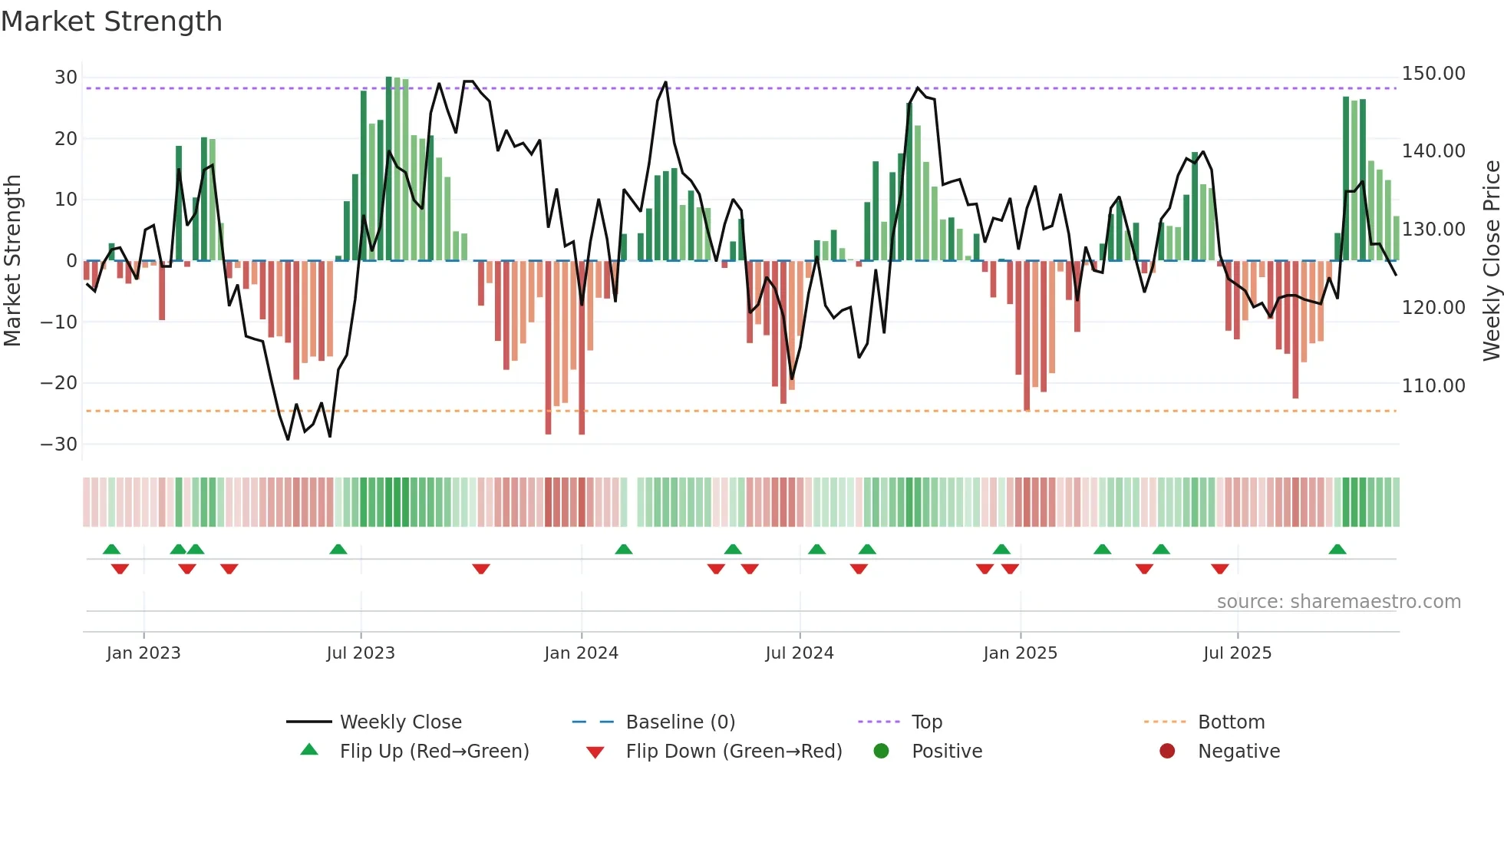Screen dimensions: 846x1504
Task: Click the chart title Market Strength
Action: [x=111, y=21]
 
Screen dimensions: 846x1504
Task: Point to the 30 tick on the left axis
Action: [x=66, y=78]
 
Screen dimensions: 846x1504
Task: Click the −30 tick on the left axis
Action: [x=59, y=444]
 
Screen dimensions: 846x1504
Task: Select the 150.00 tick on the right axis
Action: [x=1433, y=74]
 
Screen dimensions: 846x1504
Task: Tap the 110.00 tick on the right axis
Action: [x=1433, y=386]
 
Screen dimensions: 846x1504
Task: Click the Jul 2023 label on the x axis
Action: [x=361, y=653]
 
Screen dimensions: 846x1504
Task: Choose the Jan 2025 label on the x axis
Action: [x=1020, y=653]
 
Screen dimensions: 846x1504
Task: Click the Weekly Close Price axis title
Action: [x=1491, y=261]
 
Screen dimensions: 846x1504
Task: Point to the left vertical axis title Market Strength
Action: [x=12, y=261]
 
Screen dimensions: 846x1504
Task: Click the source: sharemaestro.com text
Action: [x=1338, y=602]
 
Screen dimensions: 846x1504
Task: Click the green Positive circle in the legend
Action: [x=882, y=752]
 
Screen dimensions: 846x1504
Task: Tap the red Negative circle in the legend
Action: [x=1167, y=752]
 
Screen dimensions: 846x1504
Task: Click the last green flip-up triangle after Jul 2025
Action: [x=1337, y=550]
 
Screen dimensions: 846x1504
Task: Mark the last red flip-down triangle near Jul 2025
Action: [x=1220, y=569]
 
